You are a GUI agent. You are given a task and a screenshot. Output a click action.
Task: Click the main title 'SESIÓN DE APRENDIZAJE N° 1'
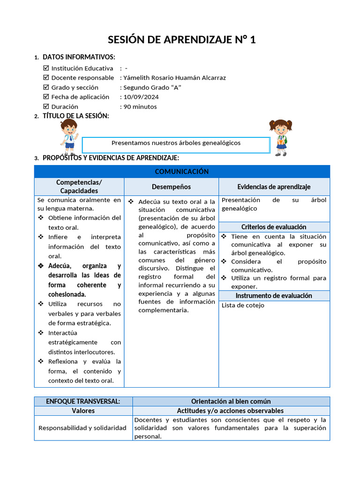pos(182,39)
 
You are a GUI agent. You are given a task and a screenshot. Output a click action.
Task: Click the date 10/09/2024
pos(141,97)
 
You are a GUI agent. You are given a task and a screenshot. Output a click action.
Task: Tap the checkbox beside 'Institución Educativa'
pos(45,68)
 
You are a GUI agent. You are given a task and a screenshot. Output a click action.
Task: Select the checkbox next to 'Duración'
pos(45,106)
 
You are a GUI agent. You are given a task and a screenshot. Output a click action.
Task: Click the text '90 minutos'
pos(140,106)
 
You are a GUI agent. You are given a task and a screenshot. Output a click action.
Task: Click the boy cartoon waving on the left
pos(69,136)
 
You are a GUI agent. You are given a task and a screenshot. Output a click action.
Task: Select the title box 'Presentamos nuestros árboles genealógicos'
pos(176,144)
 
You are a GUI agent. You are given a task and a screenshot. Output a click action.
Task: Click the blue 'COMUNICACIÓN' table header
pos(182,172)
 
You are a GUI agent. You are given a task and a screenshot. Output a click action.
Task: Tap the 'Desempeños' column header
pos(171,187)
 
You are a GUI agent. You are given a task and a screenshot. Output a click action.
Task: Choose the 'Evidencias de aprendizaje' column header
pos(274,187)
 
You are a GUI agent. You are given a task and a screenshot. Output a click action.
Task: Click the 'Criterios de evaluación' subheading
pos(274,227)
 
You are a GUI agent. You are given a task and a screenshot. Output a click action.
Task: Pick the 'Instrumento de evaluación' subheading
pos(274,296)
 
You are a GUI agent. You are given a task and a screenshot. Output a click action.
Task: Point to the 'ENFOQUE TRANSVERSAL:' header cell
pos(83,401)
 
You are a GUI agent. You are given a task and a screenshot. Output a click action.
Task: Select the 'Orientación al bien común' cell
pos(231,401)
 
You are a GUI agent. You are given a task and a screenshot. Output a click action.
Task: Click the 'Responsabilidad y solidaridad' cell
pos(82,428)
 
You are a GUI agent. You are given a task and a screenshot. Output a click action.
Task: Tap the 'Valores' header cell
pos(83,411)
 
